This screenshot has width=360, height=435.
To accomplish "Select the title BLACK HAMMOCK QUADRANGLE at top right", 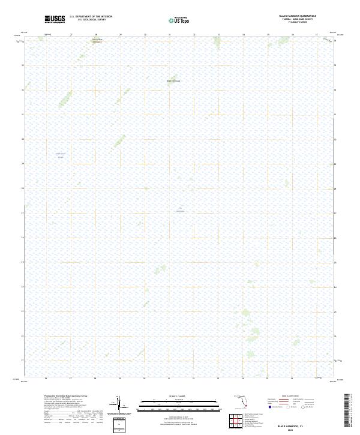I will coord(297,16).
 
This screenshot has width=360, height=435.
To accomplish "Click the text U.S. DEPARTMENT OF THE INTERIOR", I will coord(91,17).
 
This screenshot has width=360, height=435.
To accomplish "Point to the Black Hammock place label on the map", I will coord(173,81).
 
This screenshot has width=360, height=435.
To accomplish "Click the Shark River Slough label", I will coord(60,155).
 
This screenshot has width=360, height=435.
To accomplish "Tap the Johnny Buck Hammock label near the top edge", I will coord(97,41).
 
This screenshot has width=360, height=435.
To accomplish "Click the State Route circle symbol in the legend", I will coord(304,407).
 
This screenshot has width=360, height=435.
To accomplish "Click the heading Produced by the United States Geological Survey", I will coord(66,396).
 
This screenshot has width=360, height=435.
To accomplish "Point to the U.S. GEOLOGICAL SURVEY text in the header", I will coord(91,20).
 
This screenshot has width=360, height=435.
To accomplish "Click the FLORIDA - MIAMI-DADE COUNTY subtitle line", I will coord(297,19).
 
